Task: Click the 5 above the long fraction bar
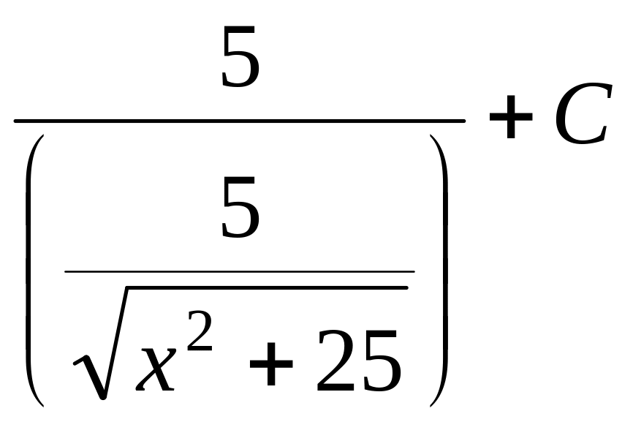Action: pos(240,59)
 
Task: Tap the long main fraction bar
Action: pos(240,121)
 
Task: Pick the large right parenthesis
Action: pos(439,271)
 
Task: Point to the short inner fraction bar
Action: pos(240,271)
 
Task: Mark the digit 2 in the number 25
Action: pos(336,361)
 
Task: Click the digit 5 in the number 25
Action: pos(380,361)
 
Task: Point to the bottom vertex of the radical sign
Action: pos(103,398)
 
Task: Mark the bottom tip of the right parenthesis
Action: pos(431,405)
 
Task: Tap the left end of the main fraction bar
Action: pos(16,121)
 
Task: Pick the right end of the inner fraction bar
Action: pos(412,271)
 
